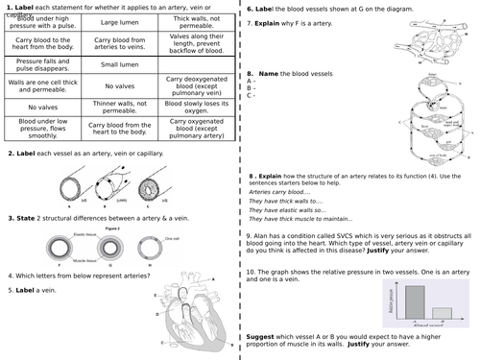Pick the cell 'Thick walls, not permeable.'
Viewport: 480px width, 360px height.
click(196, 20)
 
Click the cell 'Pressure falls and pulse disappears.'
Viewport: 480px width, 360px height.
click(41, 65)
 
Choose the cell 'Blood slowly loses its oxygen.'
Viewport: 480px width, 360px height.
click(196, 108)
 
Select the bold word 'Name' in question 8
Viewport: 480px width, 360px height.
click(270, 72)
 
